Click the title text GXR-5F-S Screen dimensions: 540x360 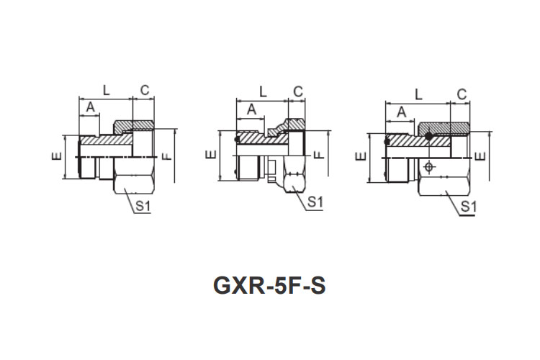click(x=270, y=285)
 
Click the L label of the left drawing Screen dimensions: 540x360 click(x=107, y=90)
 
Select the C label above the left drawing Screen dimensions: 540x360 click(x=145, y=90)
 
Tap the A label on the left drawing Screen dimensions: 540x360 click(x=90, y=107)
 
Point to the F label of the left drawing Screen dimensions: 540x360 click(x=167, y=156)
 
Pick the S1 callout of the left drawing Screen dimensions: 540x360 click(x=143, y=206)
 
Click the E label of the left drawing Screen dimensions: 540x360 click(x=56, y=156)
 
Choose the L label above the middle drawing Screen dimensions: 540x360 click(x=263, y=92)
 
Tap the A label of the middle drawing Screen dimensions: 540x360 click(x=252, y=109)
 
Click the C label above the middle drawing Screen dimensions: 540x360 click(x=298, y=91)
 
